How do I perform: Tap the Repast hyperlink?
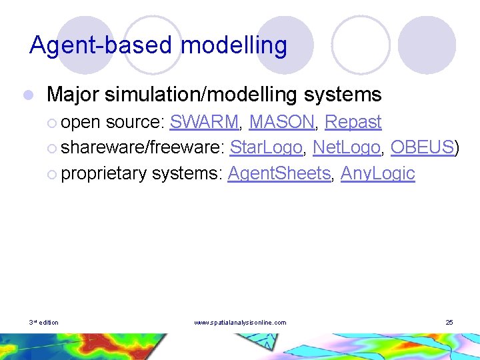[x=353, y=122]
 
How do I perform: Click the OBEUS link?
[x=421, y=147]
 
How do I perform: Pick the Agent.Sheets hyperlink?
[x=279, y=173]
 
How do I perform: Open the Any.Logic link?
[x=377, y=173]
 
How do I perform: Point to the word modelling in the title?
[x=234, y=45]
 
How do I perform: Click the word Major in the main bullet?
[x=74, y=95]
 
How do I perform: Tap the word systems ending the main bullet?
[x=342, y=95]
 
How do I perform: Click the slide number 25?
[x=449, y=323]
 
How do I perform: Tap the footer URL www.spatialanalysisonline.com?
[x=240, y=323]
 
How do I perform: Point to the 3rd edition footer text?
[x=43, y=323]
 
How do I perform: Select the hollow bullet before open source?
[x=53, y=123]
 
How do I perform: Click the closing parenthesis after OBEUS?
[x=457, y=147]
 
